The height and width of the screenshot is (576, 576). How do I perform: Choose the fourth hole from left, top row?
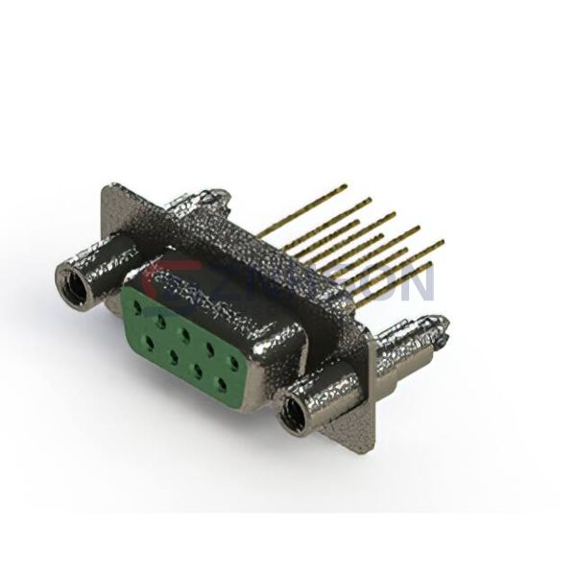click(210, 351)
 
